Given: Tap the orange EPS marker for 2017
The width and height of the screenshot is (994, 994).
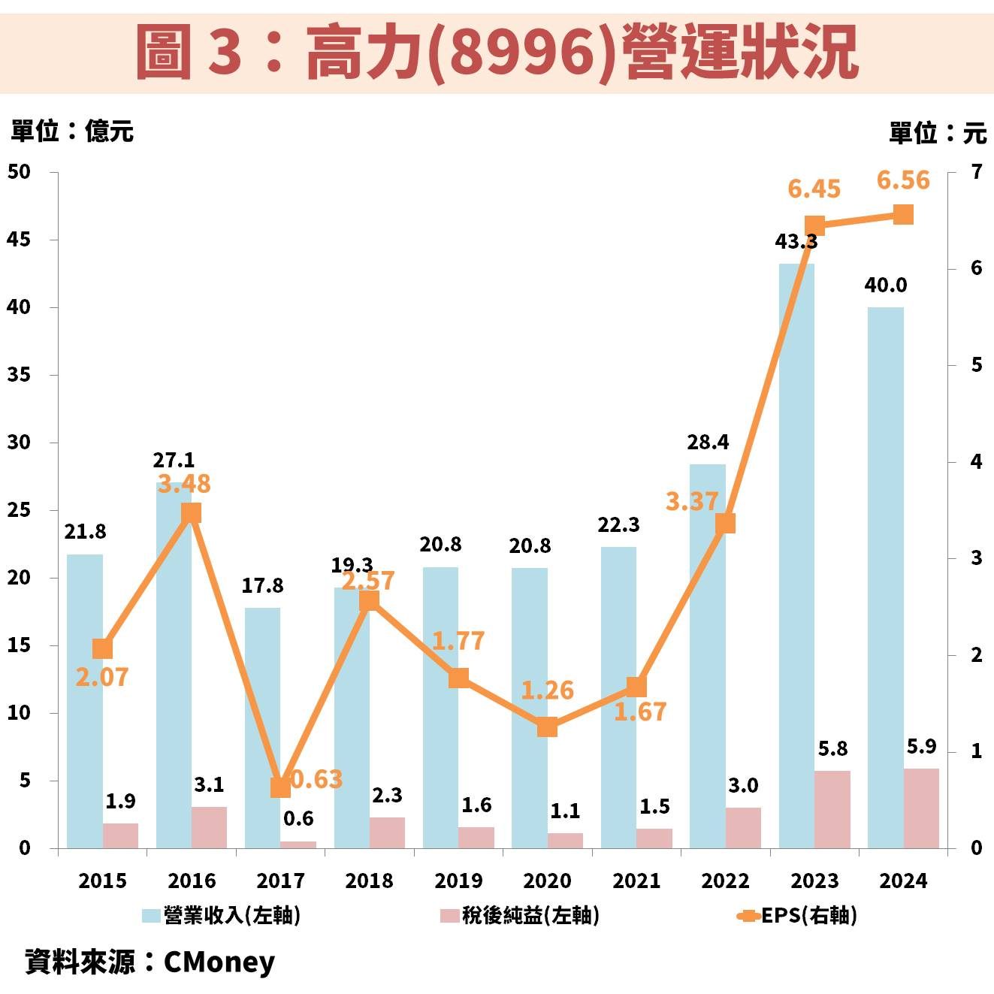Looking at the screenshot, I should click(280, 787).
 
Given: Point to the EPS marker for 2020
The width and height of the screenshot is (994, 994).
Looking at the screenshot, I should click(547, 727).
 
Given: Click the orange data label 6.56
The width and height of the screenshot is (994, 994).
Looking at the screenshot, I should click(903, 180).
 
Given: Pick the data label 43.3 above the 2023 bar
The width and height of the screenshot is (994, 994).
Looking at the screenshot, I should click(796, 242).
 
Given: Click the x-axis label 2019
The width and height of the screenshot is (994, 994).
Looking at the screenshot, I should click(458, 881).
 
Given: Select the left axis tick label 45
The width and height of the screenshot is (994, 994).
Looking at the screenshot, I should click(19, 240).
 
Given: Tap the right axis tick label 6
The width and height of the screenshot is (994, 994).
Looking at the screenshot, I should click(976, 268).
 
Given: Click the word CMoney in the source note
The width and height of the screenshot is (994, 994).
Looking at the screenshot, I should click(219, 962).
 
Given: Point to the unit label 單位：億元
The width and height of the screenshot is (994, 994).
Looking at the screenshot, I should click(72, 131).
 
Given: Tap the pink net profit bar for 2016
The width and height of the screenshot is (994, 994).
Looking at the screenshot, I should click(209, 827).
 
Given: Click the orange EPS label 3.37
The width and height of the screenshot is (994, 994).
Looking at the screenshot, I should click(691, 501).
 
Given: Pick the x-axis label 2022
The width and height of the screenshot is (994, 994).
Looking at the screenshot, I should click(725, 881).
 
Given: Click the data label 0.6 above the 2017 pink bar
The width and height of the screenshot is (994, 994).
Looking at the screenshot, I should click(298, 818).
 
